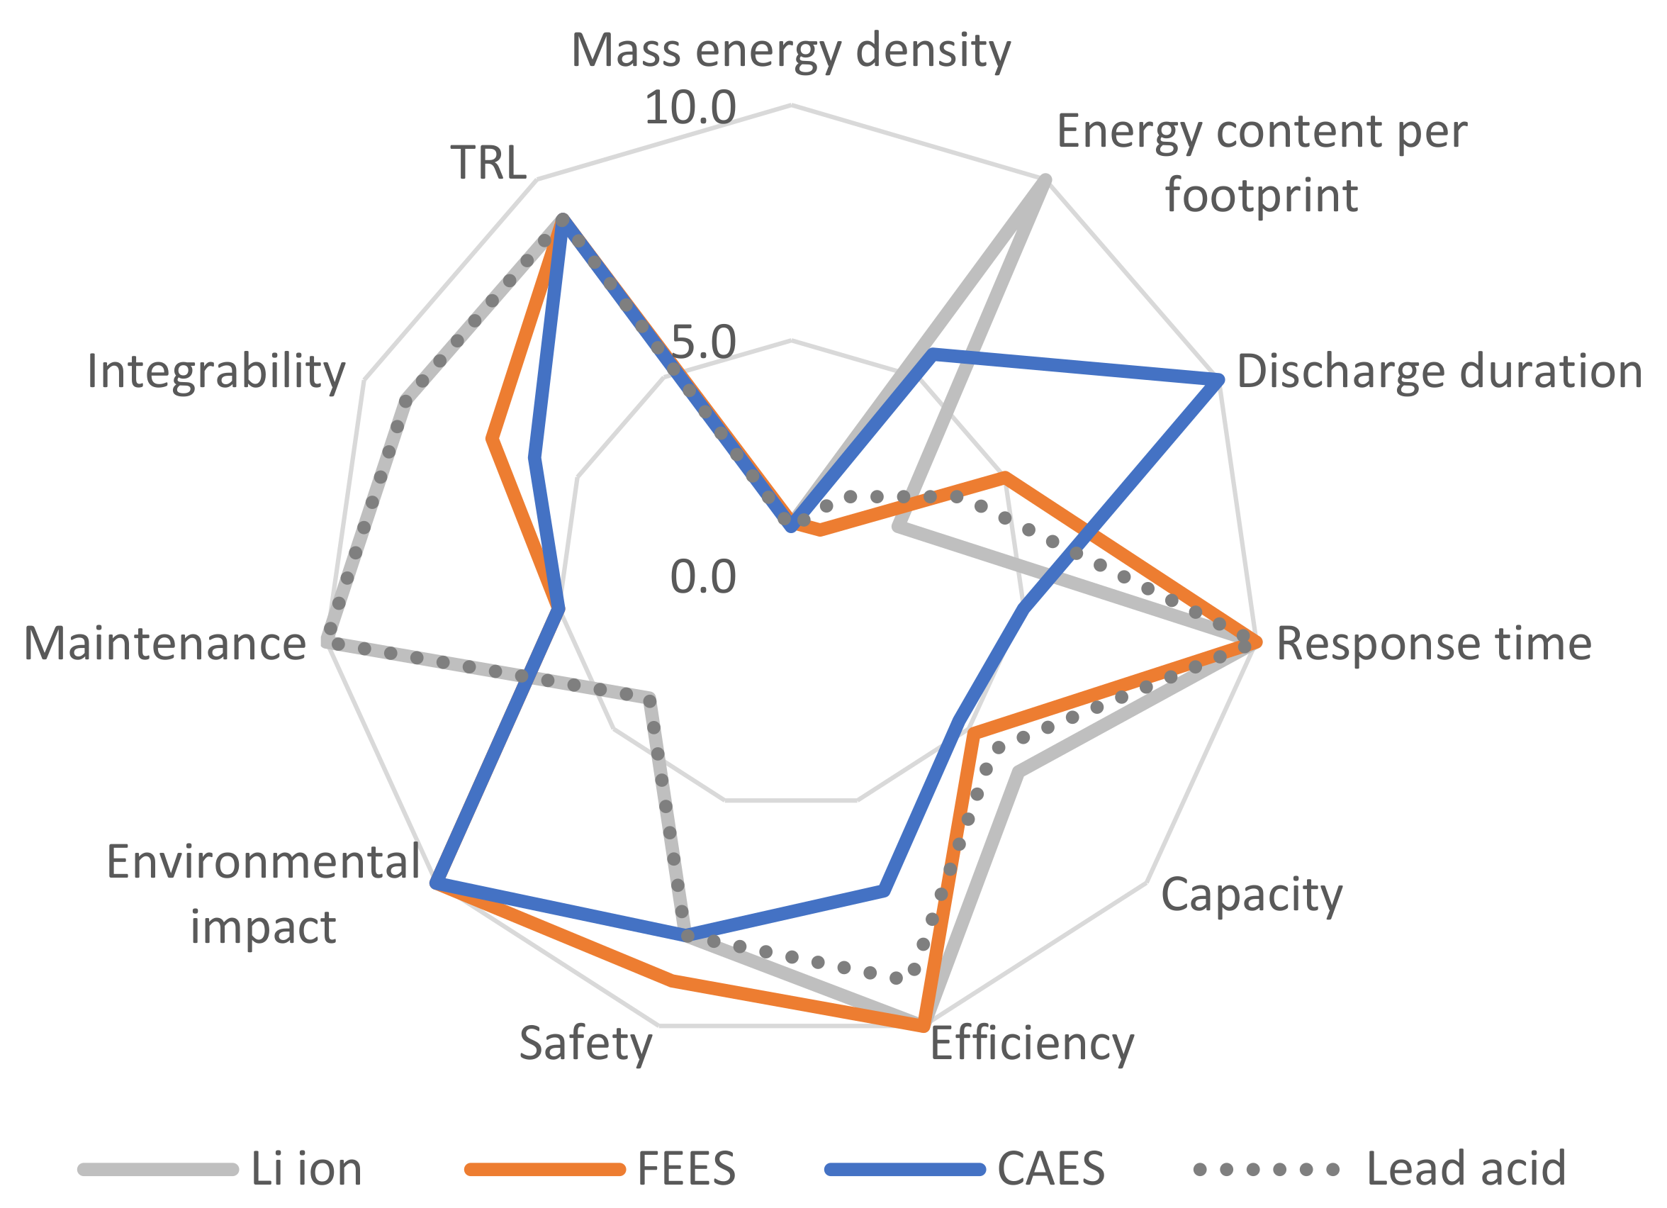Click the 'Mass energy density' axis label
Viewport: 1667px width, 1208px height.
(x=791, y=52)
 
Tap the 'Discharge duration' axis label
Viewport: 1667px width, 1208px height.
(x=1439, y=372)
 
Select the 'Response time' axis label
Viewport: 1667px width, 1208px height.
(x=1434, y=644)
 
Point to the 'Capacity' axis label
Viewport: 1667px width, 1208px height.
(x=1252, y=896)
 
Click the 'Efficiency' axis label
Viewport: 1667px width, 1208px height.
(x=1032, y=1044)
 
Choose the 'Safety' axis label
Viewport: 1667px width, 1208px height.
(x=586, y=1044)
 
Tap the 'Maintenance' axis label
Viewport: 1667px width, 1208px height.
(x=164, y=644)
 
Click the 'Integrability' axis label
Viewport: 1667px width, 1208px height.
(x=216, y=372)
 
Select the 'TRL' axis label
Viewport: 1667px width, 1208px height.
(x=489, y=162)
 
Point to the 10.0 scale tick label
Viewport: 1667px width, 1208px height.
(x=690, y=108)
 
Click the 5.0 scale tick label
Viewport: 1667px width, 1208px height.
(x=702, y=342)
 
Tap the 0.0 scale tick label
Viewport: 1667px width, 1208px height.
(x=702, y=576)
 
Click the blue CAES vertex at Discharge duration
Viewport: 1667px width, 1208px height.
(x=1218, y=380)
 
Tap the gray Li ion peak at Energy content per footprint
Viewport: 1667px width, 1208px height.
(x=1045, y=180)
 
